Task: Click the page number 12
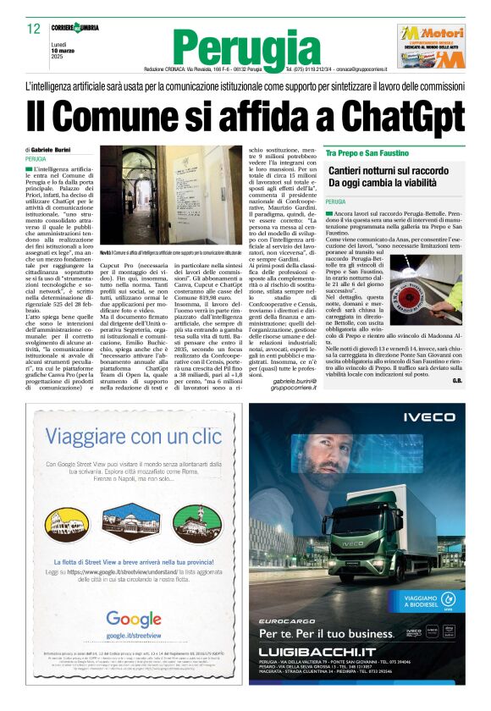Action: (34, 29)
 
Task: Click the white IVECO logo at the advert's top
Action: (428, 417)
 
